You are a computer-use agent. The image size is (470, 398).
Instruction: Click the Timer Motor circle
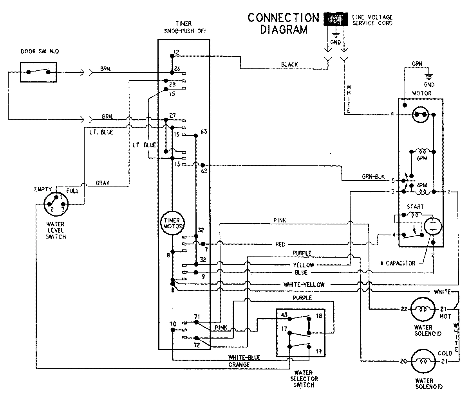point(172,225)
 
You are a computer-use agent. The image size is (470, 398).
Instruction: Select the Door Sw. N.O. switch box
point(38,72)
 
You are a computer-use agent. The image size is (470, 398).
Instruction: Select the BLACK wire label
point(289,65)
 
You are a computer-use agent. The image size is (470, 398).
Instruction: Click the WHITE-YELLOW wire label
point(304,285)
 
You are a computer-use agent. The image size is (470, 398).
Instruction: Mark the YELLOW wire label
point(304,265)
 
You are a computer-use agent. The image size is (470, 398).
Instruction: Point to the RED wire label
point(280,245)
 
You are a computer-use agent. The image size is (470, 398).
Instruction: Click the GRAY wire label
point(102,183)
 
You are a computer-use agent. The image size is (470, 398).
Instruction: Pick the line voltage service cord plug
point(335,18)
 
